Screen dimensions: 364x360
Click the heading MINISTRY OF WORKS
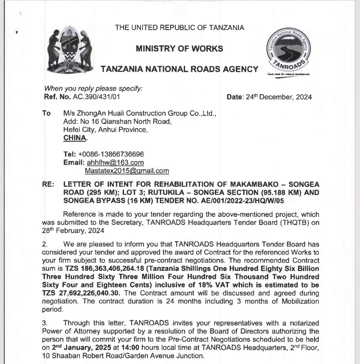point(179,48)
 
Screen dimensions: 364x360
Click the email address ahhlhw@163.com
point(115,163)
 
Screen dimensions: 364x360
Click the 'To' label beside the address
point(46,114)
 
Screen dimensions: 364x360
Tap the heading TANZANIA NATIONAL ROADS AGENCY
point(179,69)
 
